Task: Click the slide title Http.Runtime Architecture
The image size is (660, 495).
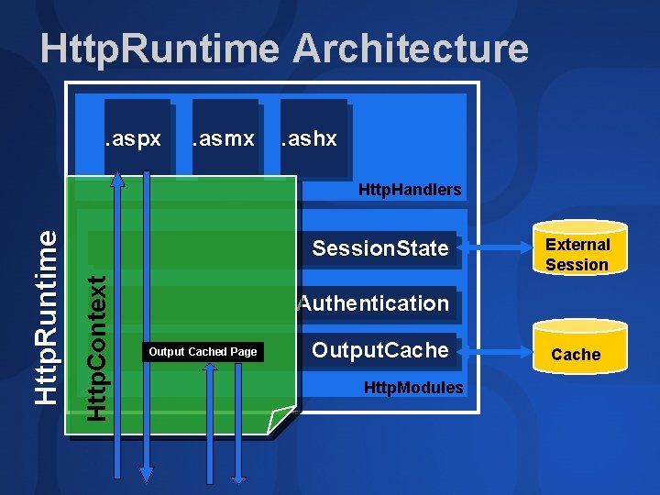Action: tap(284, 49)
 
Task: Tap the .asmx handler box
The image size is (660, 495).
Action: tap(223, 137)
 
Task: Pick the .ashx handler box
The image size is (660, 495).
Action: tap(311, 137)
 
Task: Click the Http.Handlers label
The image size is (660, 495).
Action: tap(409, 190)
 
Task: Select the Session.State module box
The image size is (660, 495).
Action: tap(379, 248)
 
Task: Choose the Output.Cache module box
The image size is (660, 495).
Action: tap(379, 350)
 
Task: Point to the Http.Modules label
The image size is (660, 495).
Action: tap(412, 388)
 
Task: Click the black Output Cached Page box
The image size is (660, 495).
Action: tap(203, 352)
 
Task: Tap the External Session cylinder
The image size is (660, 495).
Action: tap(577, 249)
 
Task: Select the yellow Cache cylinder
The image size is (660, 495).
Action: tap(576, 348)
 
